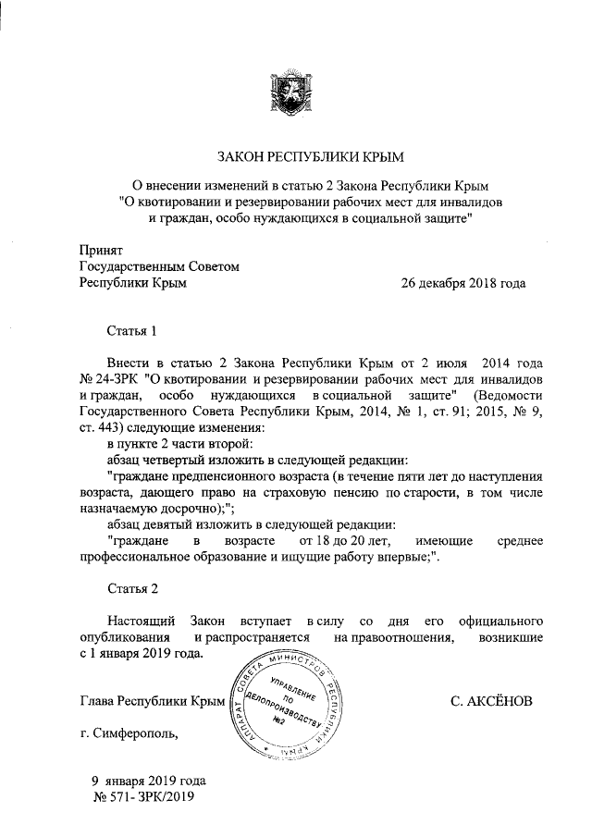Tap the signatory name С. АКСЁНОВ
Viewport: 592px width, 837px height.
tap(491, 702)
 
